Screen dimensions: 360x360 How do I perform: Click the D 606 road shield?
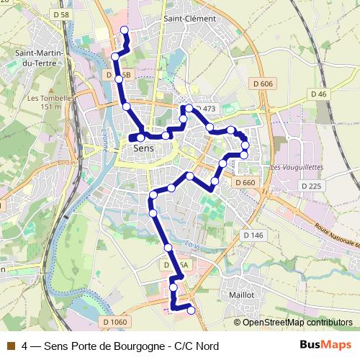264,84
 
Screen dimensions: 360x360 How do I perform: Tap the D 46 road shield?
319,94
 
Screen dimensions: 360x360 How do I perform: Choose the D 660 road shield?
245,183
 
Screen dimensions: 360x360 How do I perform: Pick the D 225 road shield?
311,186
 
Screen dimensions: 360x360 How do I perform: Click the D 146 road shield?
253,235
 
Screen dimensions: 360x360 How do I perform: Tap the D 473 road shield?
205,109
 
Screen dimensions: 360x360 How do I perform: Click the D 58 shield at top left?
61,14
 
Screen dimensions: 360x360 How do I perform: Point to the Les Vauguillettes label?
297,167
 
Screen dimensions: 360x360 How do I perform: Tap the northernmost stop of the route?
124,30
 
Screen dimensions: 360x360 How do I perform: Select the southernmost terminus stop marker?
191,310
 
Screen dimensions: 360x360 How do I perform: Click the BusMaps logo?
325,346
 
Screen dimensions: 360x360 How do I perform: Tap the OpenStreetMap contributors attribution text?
297,323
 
